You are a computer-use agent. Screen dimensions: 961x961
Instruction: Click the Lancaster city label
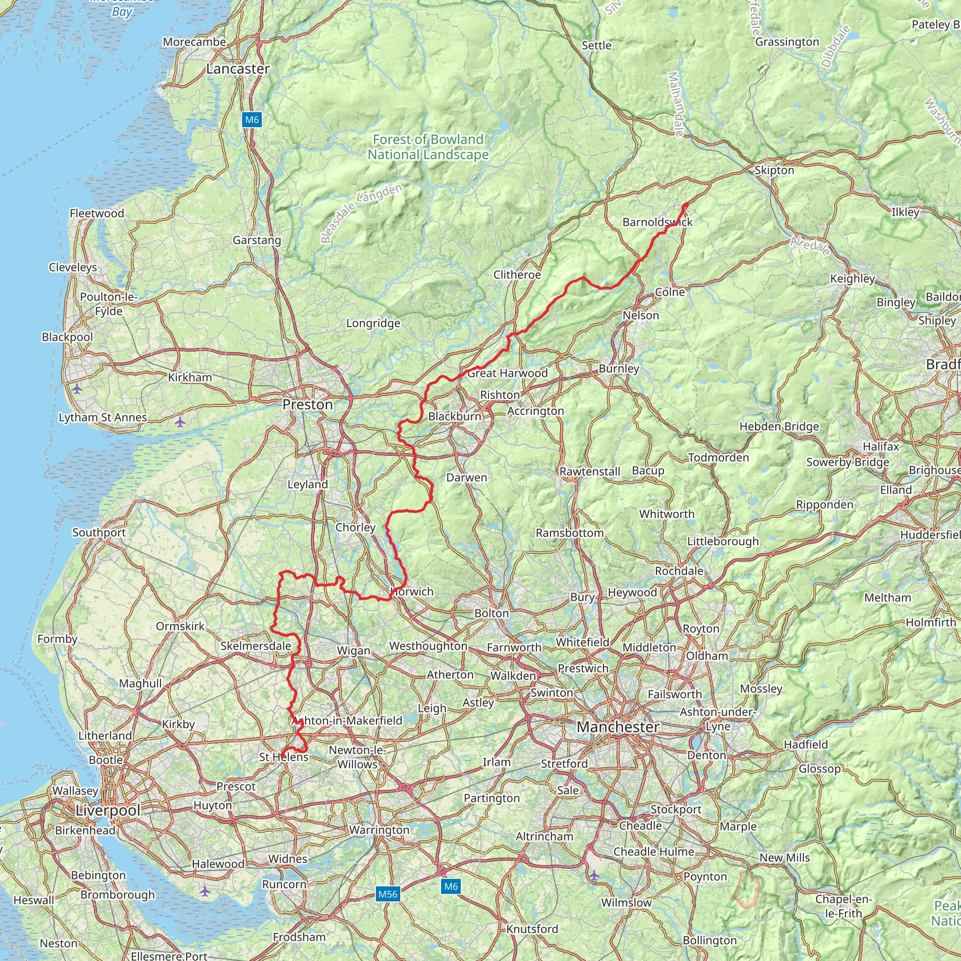238,69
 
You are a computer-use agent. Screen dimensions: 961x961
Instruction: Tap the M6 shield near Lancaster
252,119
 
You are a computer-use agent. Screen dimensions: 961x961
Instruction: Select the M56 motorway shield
388,894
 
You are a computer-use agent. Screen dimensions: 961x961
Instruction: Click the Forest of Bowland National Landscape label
428,147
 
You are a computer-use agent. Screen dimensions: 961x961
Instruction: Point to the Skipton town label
774,170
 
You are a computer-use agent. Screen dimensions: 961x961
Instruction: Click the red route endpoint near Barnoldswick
686,205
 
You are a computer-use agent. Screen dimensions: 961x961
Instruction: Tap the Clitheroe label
517,275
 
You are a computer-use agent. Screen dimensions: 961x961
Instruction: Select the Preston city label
307,404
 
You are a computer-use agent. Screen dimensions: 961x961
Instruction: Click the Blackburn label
454,416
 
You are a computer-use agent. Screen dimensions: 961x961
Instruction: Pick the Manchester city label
618,727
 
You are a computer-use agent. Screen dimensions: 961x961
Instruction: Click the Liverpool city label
108,810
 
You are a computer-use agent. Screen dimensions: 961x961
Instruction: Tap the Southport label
99,532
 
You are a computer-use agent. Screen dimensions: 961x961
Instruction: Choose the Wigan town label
353,651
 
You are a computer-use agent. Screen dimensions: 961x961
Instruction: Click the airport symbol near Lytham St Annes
180,422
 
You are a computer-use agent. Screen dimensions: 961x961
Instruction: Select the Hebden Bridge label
779,426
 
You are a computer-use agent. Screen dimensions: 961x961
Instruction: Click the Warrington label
379,830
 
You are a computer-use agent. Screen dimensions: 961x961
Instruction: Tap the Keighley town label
852,279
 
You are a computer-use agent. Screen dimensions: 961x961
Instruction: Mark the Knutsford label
532,929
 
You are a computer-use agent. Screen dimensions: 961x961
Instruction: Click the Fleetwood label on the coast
97,214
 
